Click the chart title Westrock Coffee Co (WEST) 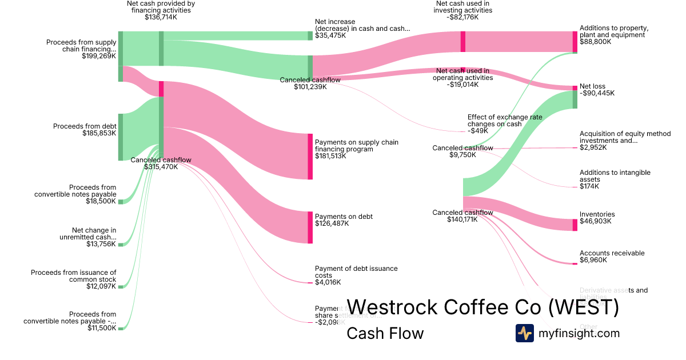coord(482,307)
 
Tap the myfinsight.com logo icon coord(524,333)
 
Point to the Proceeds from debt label coord(85,126)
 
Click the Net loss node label coord(592,86)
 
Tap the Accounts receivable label coord(612,253)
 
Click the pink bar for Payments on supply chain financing coord(310,156)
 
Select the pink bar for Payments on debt coord(310,227)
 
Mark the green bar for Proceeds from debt coord(121,137)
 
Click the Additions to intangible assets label coord(615,175)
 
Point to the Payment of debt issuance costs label coord(356,271)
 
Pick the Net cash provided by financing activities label coord(161,7)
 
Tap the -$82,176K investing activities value coord(463,17)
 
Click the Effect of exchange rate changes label coord(504,121)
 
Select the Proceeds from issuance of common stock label coord(74,275)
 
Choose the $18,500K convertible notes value coord(102,201)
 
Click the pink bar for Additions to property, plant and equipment coord(575,42)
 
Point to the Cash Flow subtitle coord(385,333)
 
